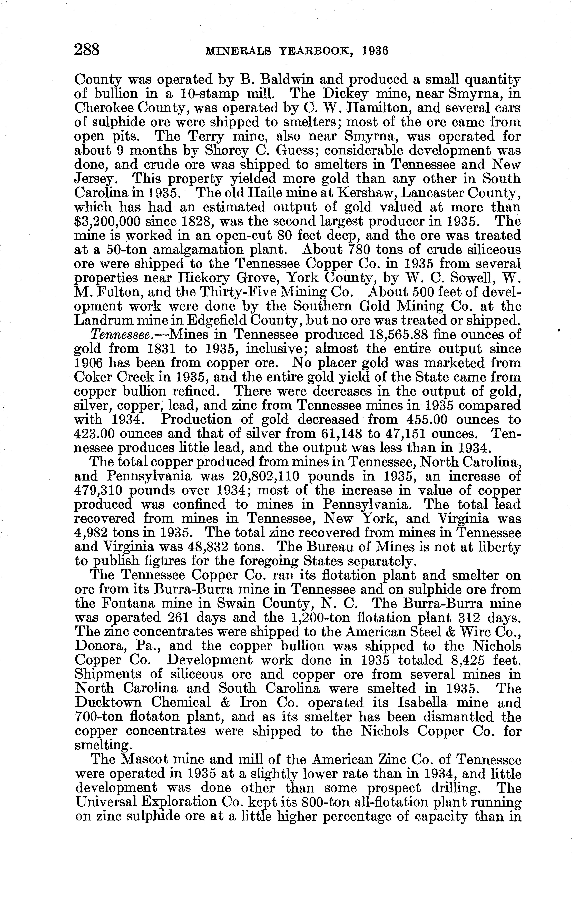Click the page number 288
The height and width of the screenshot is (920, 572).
pyautogui.click(x=87, y=50)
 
